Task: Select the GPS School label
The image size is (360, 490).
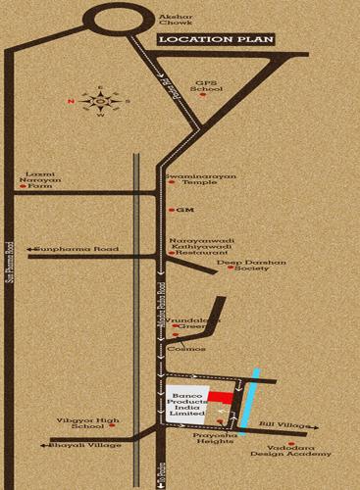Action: coord(208,87)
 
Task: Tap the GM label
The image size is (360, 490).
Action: coord(182,211)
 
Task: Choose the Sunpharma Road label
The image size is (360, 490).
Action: coord(77,250)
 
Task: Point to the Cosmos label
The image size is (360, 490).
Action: coord(186,349)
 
